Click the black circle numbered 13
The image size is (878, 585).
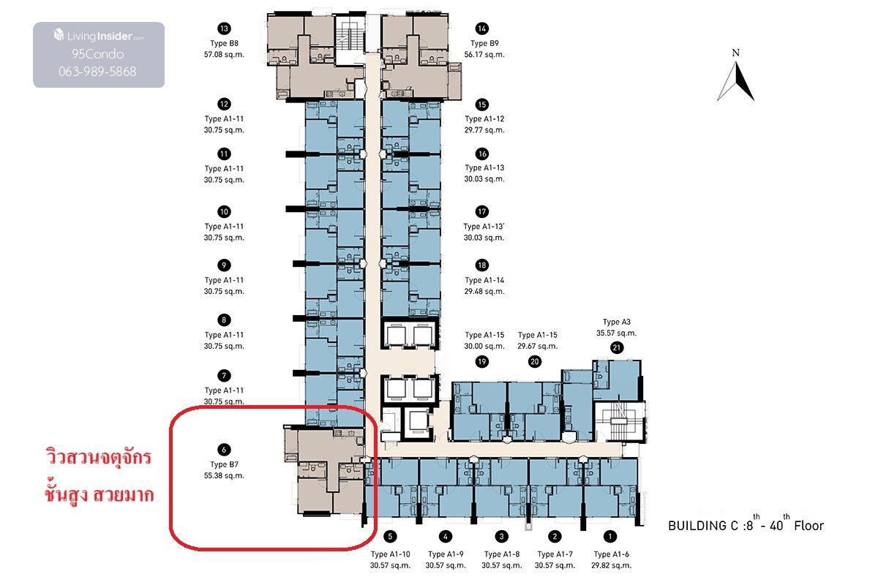click(224, 29)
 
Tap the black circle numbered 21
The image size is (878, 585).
click(617, 347)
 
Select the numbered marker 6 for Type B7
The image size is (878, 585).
click(224, 450)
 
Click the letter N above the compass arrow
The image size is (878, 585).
click(736, 53)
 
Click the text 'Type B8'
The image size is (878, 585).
click(224, 43)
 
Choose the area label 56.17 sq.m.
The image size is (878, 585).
click(484, 54)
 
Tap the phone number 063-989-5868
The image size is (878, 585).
click(97, 72)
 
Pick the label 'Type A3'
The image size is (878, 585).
click(617, 322)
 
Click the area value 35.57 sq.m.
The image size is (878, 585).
click(617, 333)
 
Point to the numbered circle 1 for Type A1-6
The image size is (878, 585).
click(610, 537)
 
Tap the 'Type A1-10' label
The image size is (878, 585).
click(391, 554)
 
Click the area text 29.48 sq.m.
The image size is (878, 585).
click(484, 291)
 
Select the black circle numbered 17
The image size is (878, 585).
click(481, 211)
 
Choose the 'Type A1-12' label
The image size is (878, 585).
click(484, 118)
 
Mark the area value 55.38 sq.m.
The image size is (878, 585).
click(224, 475)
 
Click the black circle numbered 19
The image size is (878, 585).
click(481, 362)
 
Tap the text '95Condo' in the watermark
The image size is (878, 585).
click(97, 53)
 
